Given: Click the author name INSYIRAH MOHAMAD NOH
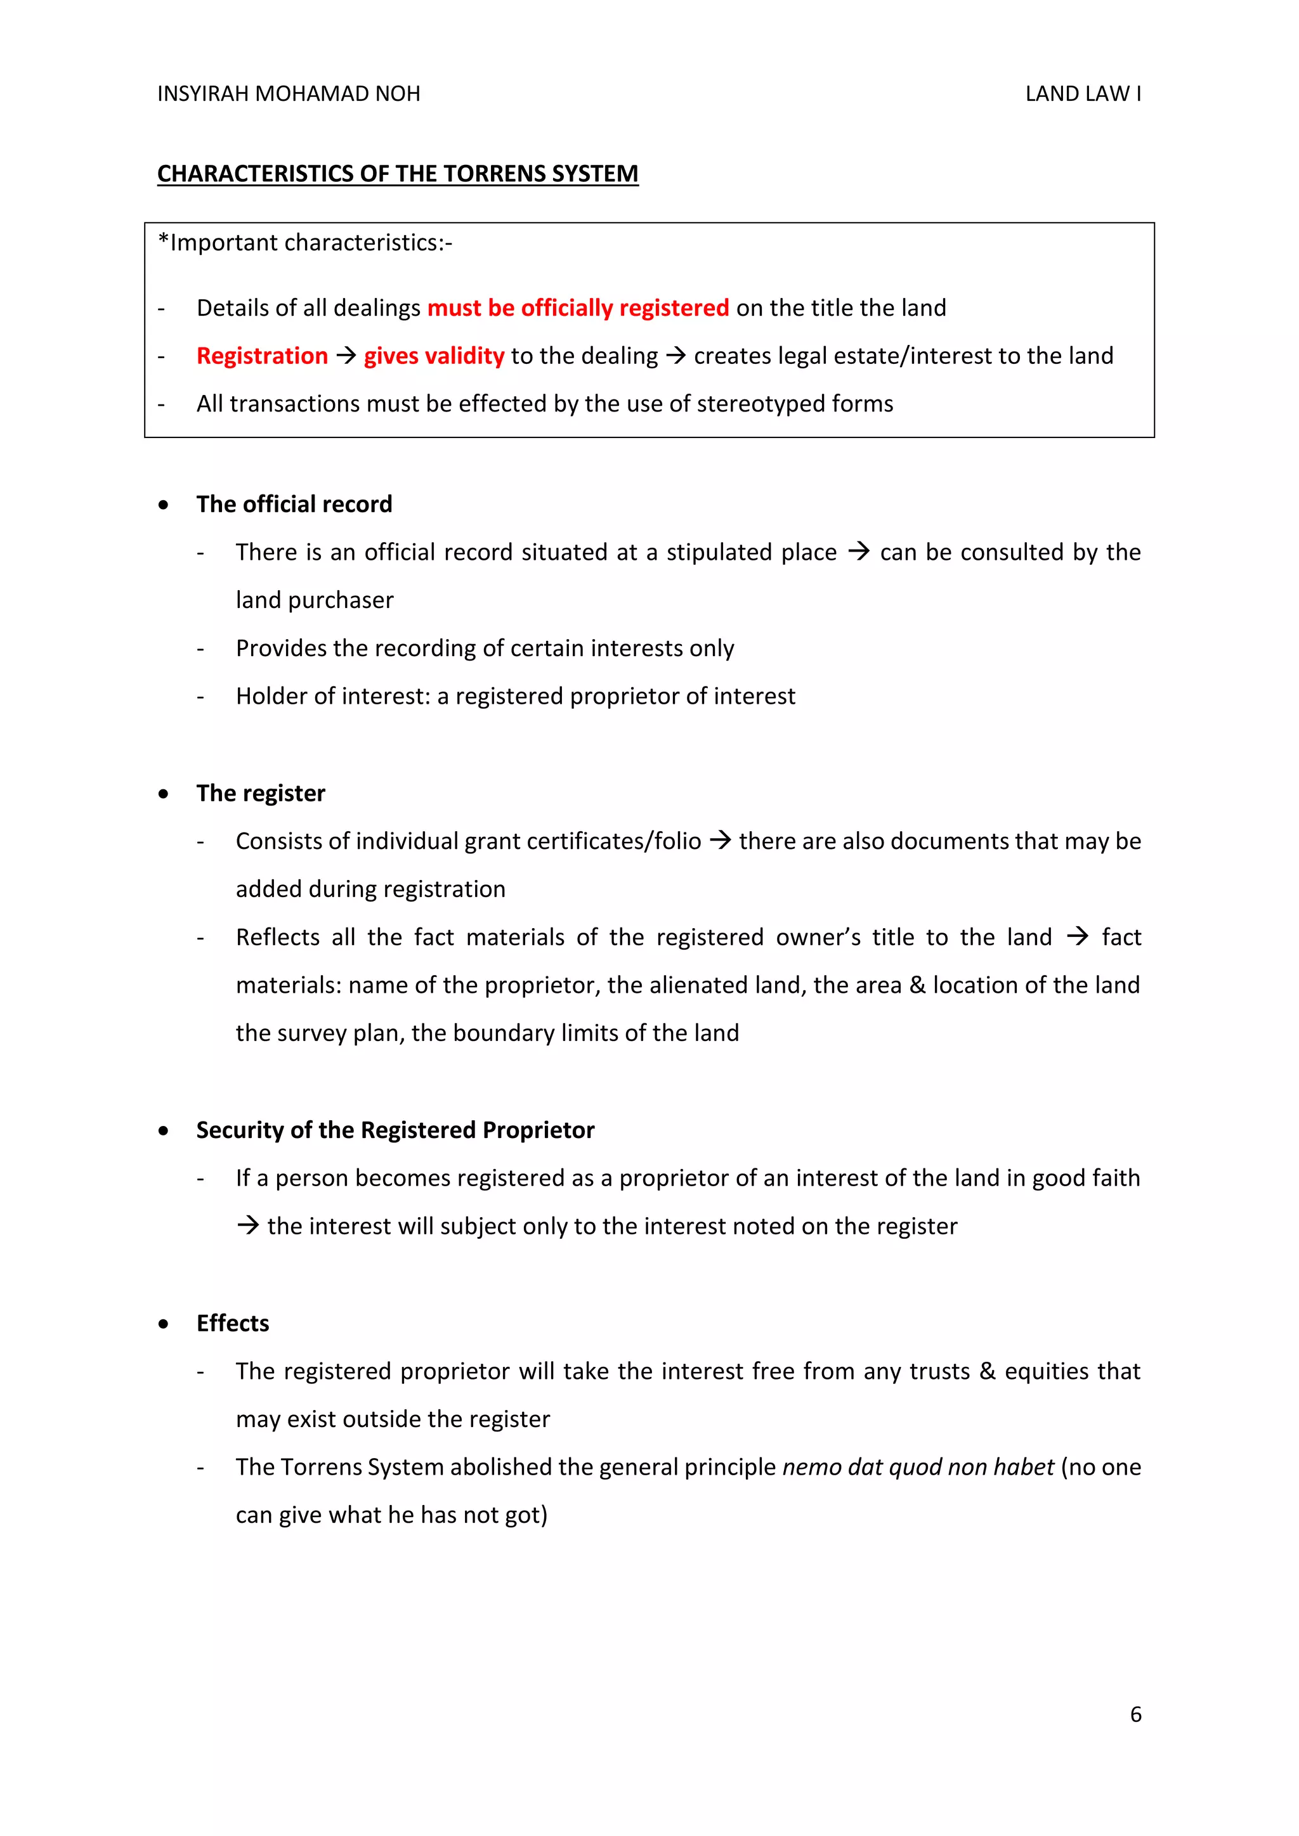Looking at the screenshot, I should pyautogui.click(x=288, y=94).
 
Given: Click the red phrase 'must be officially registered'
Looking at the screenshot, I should pyautogui.click(x=578, y=308).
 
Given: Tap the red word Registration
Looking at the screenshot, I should pyautogui.click(x=263, y=356).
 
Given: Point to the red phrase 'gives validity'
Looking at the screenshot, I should pyautogui.click(x=434, y=356).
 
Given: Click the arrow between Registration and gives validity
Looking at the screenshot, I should pyautogui.click(x=346, y=356).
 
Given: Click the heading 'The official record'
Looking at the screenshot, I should pyautogui.click(x=294, y=505).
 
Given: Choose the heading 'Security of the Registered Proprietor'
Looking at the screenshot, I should pyautogui.click(x=395, y=1131).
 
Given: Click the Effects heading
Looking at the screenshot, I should pyautogui.click(x=233, y=1323).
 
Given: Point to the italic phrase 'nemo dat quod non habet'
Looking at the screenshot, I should pyautogui.click(x=917, y=1468).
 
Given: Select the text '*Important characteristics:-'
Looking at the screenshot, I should pyautogui.click(x=304, y=243).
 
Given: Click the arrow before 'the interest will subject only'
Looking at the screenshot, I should pyautogui.click(x=248, y=1226).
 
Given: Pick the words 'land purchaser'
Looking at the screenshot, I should pyautogui.click(x=315, y=600).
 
